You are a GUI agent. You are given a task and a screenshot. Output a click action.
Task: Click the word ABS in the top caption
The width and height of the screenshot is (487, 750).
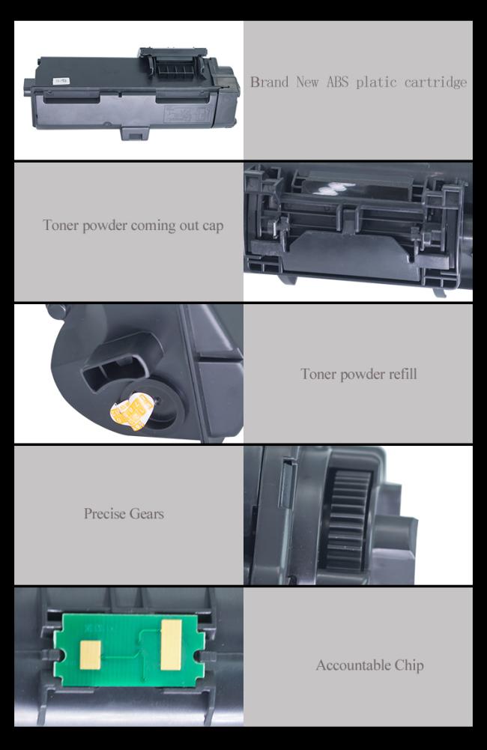(x=338, y=82)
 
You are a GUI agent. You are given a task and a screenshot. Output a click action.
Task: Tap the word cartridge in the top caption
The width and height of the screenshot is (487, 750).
(x=435, y=82)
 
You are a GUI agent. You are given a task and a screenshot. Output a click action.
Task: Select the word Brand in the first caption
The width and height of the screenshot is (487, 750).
(x=270, y=82)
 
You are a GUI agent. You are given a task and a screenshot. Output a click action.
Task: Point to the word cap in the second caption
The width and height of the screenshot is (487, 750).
(x=213, y=226)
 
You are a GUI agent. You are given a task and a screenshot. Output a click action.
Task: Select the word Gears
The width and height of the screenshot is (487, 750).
(x=148, y=514)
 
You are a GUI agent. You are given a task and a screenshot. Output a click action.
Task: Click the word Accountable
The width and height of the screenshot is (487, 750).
(x=353, y=665)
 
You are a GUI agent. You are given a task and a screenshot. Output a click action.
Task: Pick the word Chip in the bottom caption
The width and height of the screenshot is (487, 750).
(x=409, y=665)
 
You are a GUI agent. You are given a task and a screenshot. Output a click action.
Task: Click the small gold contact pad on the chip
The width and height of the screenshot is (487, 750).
(x=91, y=655)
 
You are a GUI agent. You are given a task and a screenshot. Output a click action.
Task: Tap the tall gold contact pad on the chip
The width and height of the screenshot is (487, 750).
(x=172, y=645)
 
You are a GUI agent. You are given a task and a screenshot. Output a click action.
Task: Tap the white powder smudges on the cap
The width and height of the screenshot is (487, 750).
(x=329, y=190)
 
